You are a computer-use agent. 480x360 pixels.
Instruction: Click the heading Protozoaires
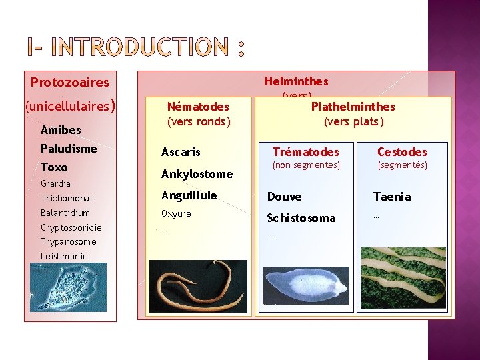coord(70,83)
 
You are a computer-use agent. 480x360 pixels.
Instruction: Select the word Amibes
coord(61,130)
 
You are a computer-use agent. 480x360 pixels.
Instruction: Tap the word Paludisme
coord(69,148)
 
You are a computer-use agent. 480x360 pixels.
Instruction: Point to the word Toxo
coord(54,167)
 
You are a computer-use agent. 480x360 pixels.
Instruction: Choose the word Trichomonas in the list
coord(67,198)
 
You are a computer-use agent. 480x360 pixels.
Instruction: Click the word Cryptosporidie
coord(71,227)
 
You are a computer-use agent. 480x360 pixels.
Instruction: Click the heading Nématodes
coord(198,107)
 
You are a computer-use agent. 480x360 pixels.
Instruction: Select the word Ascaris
coord(181,153)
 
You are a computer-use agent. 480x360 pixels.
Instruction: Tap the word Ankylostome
coord(197,174)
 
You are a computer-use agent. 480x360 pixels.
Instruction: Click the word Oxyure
coord(176,213)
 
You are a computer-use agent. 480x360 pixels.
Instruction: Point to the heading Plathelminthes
coord(353,107)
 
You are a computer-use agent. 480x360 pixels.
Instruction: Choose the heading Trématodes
coord(306,152)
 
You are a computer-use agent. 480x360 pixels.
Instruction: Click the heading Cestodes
coord(402,152)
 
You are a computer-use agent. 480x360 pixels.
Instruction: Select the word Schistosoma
coord(301,218)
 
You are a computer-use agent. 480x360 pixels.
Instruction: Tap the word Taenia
coord(392,197)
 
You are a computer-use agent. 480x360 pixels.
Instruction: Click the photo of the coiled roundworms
coord(198,286)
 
